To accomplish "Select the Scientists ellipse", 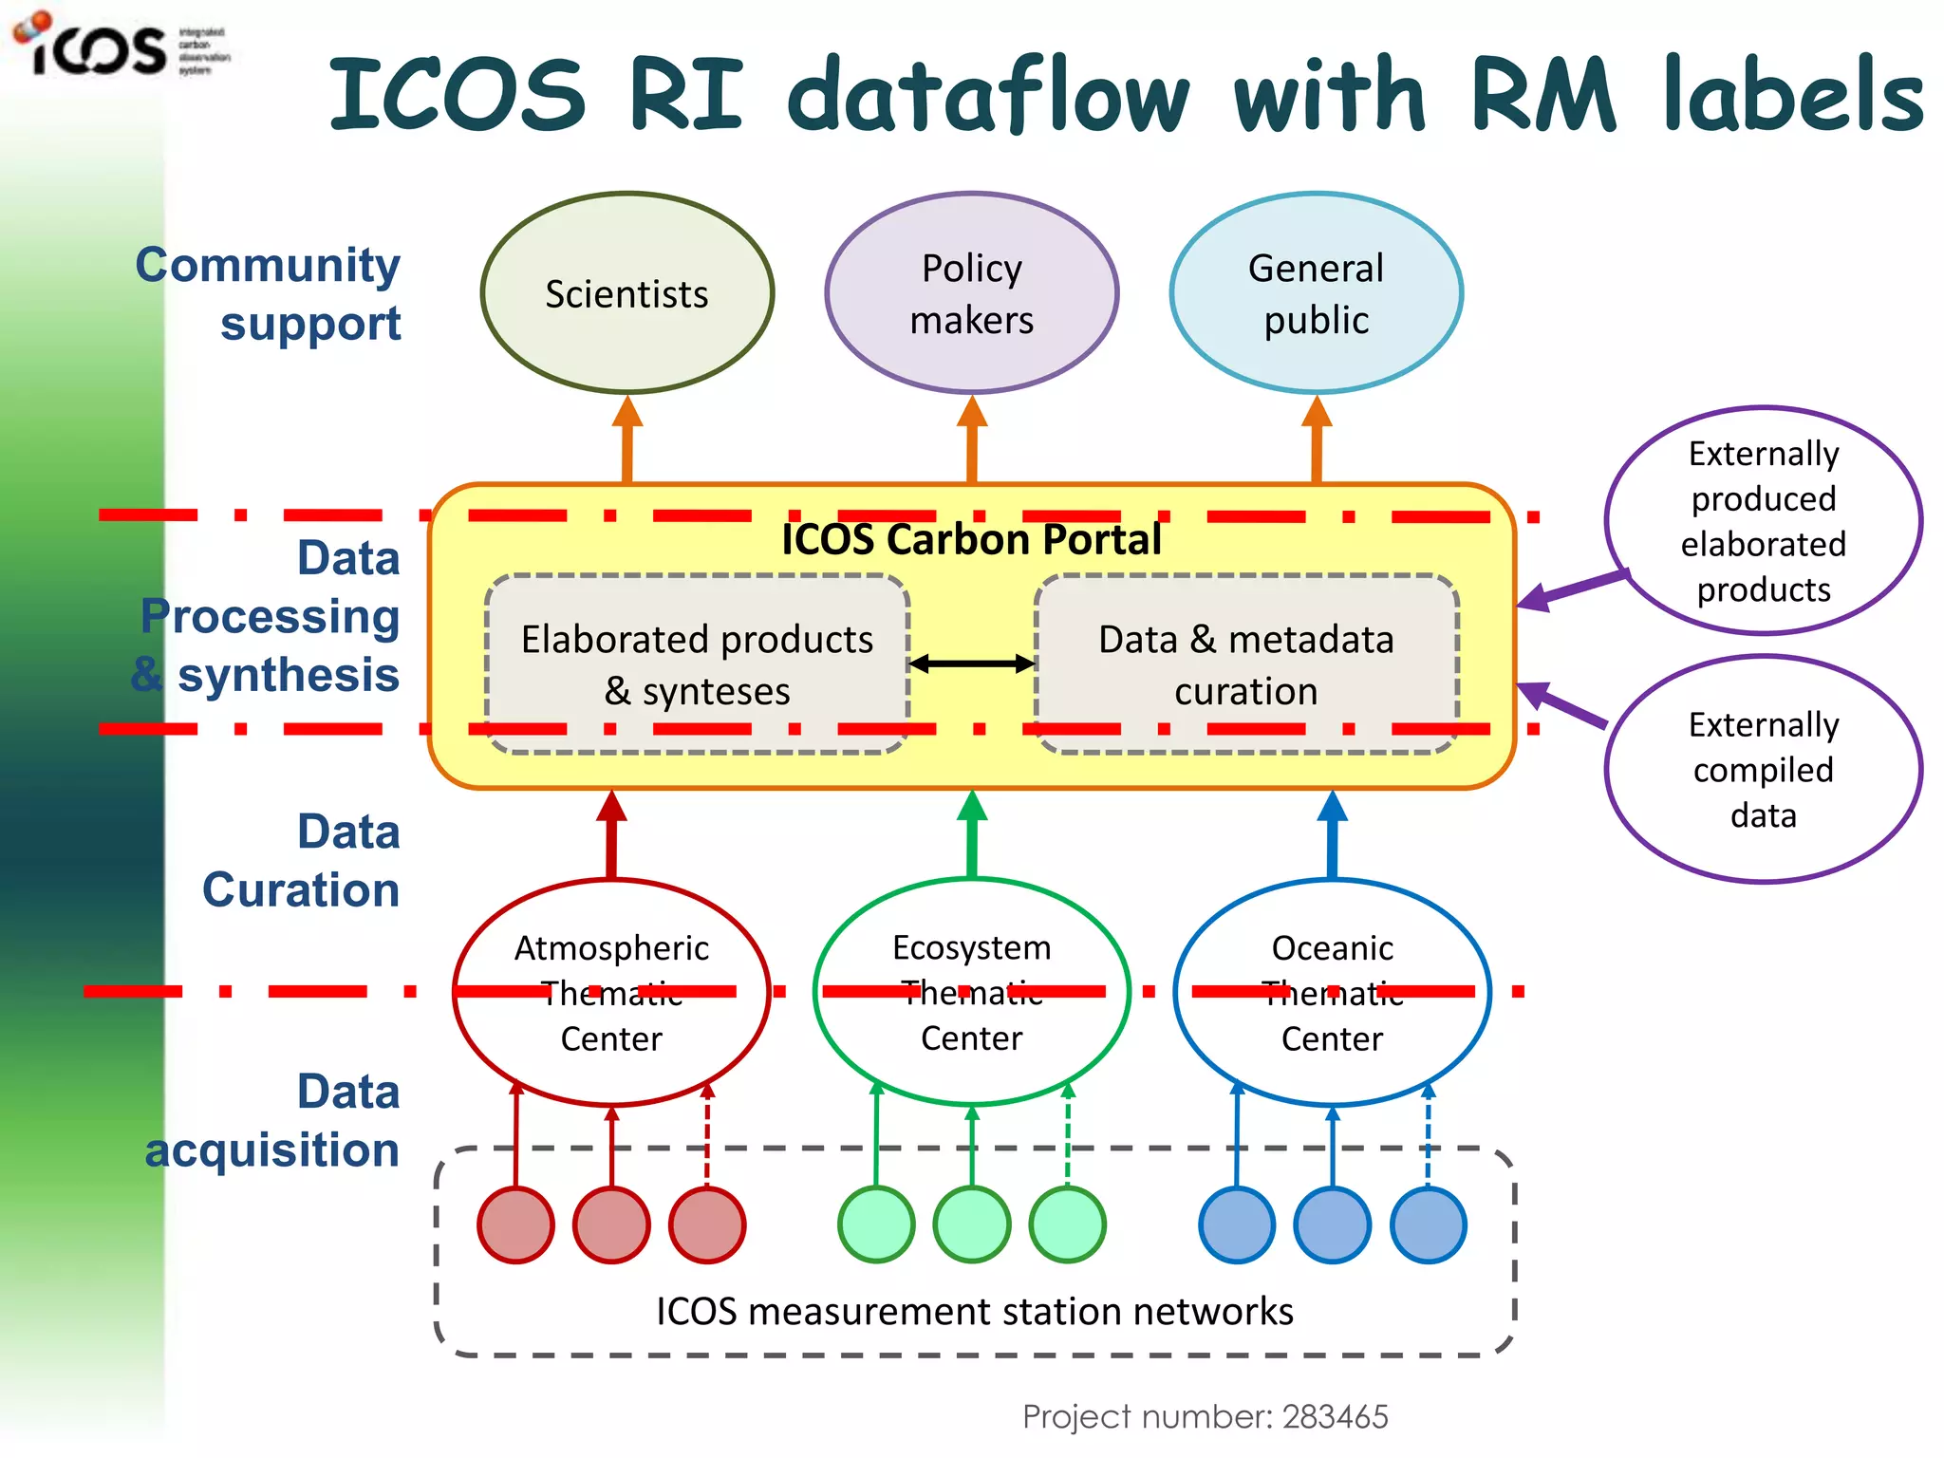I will [626, 293].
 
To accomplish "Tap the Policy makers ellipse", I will [971, 293].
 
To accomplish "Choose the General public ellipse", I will [1316, 293].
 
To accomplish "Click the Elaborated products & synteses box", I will [697, 664].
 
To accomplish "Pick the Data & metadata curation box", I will [1245, 664].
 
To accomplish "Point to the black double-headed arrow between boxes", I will [971, 664].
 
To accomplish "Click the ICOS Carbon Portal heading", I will [971, 539].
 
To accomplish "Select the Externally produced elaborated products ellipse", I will [1763, 521].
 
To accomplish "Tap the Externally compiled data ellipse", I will [1763, 769].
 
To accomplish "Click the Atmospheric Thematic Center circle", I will [611, 992].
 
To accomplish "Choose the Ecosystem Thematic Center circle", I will [971, 992].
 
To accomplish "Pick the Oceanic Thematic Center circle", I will [1332, 992].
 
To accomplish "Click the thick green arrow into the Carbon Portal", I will [971, 835].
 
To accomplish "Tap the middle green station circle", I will [971, 1224].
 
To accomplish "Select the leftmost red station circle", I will [515, 1224].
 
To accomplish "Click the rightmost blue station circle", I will [1428, 1224].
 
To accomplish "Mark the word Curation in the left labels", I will [301, 890].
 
